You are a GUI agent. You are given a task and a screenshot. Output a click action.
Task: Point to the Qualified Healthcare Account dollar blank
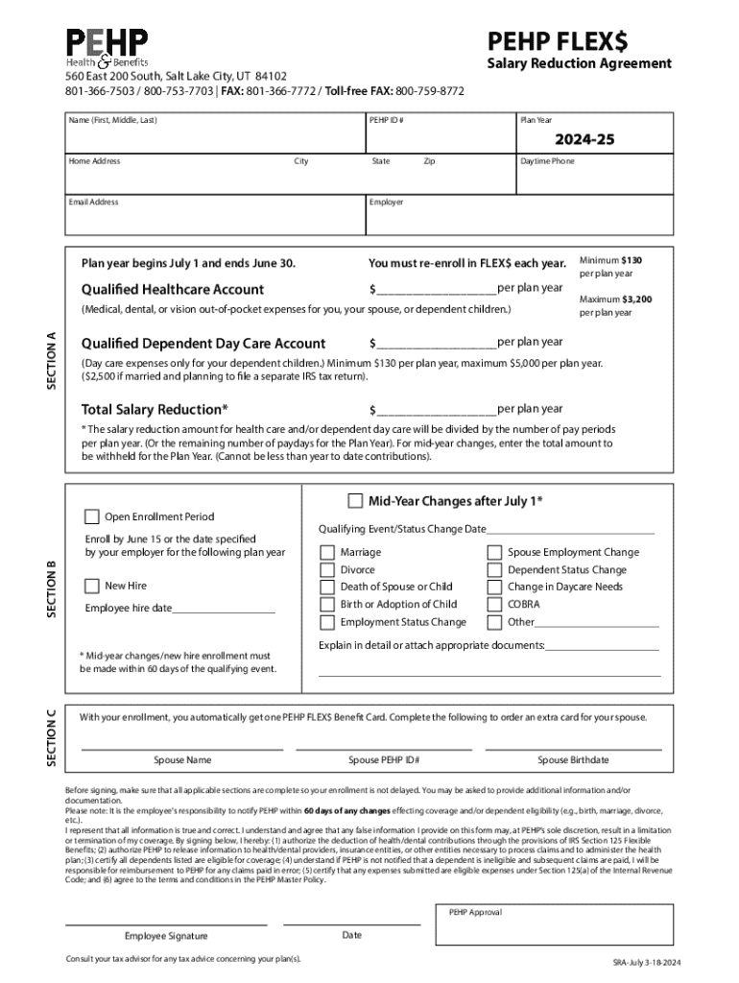coord(437,289)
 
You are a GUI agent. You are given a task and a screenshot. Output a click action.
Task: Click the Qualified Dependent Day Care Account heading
coord(203,344)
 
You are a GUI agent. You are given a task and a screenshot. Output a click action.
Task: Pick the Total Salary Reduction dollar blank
coord(437,409)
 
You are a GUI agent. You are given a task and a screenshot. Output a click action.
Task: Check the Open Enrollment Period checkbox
coord(92,516)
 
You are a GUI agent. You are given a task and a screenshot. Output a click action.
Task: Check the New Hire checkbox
coord(92,586)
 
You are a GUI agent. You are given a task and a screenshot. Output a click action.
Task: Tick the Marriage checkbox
coord(327,552)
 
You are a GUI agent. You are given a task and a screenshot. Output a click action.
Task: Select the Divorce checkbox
coord(327,569)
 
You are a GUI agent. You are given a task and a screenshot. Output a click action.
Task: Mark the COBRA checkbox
coord(494,605)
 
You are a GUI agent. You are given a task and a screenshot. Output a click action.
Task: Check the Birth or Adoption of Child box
coord(327,605)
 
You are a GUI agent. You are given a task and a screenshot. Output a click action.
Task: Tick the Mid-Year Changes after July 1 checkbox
coord(355,500)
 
